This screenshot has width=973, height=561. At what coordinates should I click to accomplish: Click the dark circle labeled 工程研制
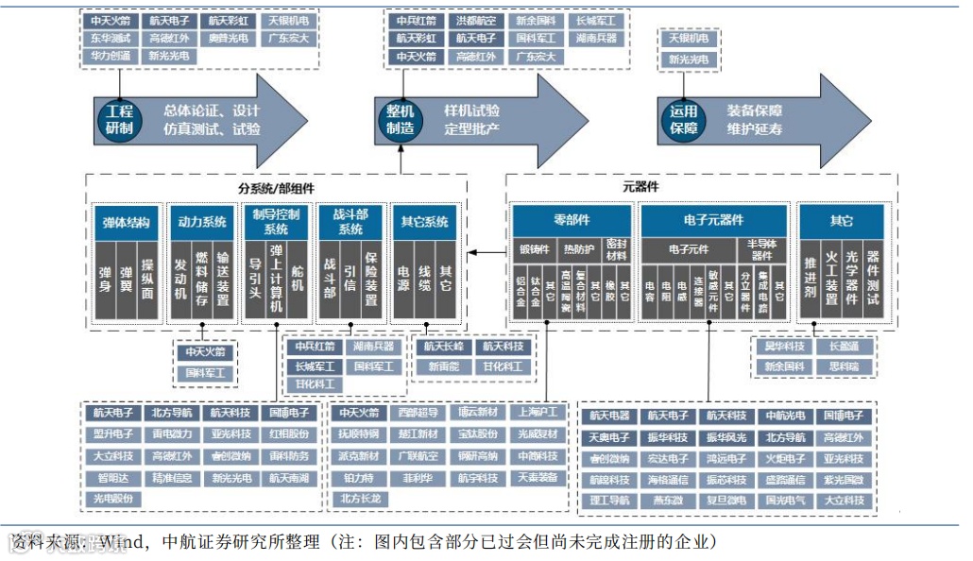pos(119,119)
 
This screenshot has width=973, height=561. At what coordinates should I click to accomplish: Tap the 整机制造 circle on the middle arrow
pos(400,119)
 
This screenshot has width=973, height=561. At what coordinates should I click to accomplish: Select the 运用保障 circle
pos(683,119)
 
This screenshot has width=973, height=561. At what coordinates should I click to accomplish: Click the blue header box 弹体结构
pos(128,223)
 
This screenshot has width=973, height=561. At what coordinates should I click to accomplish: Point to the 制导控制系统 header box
pos(276,222)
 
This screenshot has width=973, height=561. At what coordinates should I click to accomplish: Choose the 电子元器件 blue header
pos(713,220)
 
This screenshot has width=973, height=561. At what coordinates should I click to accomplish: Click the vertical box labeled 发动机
pos(180,280)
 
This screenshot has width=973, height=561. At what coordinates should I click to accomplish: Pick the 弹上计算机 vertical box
pos(276,280)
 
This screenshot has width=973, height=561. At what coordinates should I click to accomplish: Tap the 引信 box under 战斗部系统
pos(350,280)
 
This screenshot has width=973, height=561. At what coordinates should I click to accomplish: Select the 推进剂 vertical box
pos(811,280)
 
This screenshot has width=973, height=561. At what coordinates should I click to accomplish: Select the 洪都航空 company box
pos(475,21)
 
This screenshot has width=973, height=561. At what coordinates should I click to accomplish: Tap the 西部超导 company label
pos(418,413)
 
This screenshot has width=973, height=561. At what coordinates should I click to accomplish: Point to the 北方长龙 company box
pos(360,498)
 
